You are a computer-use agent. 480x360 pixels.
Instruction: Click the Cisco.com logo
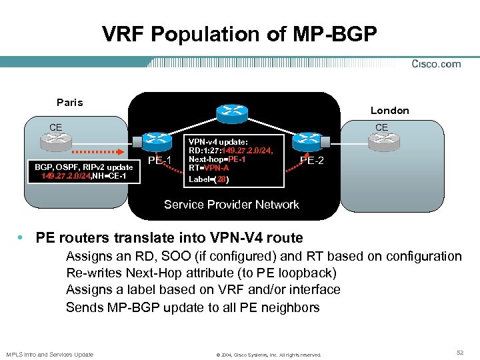click(x=436, y=64)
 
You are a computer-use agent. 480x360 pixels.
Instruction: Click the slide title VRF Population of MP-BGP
click(x=239, y=34)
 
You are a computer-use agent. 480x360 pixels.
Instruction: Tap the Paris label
click(x=70, y=102)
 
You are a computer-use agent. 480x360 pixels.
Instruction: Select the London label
click(x=390, y=110)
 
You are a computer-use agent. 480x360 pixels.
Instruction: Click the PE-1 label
click(x=160, y=161)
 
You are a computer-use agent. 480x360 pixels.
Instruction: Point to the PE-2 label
click(x=313, y=160)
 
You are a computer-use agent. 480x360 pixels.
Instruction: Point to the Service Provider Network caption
click(x=231, y=205)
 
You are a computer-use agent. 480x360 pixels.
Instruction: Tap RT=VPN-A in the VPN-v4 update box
click(x=209, y=168)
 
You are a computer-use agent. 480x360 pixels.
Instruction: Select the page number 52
click(x=459, y=351)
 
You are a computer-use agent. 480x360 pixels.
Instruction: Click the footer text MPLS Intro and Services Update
click(x=50, y=354)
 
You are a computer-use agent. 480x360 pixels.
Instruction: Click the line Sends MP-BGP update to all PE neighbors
click(x=193, y=307)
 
